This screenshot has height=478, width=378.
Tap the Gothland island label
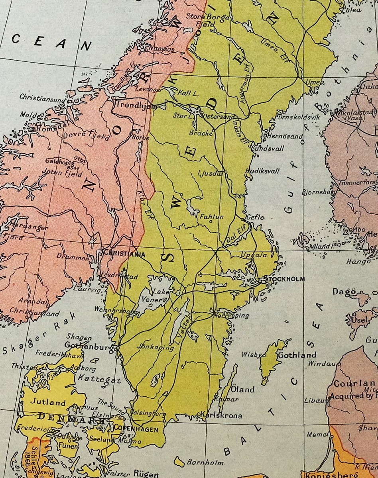click(297, 355)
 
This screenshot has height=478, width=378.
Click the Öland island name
click(242, 390)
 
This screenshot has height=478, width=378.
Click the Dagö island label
click(344, 292)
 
